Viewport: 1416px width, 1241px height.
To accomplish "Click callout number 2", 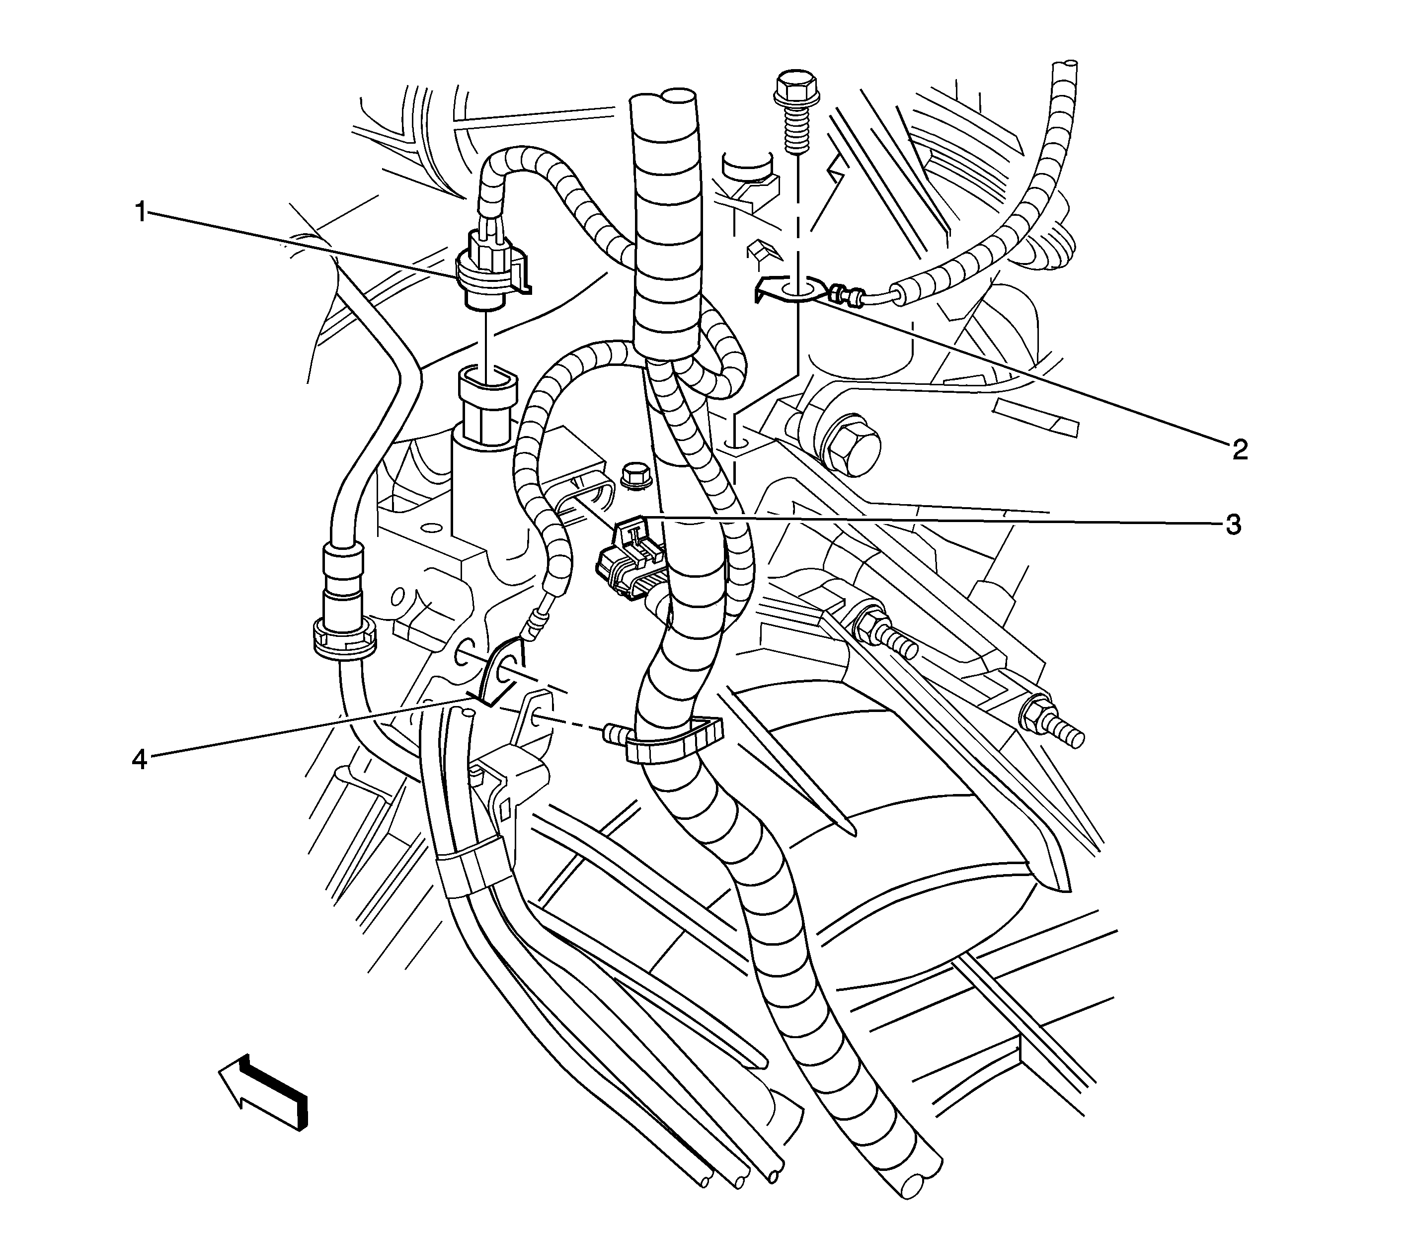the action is [1239, 450].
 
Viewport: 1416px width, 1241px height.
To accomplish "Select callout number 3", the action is [1233, 526].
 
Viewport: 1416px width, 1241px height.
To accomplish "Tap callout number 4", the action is [140, 760].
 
